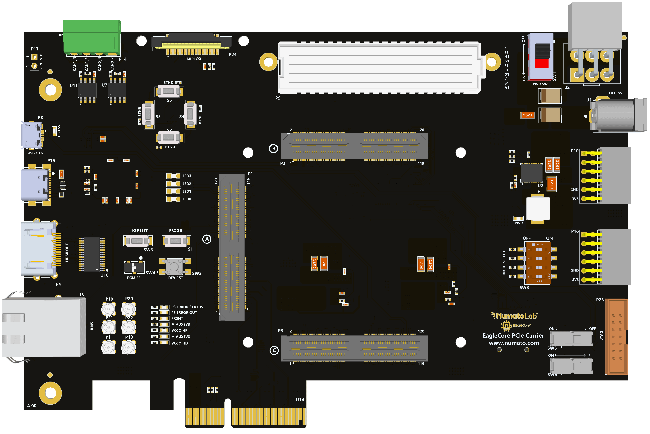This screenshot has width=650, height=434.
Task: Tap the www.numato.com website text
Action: click(514, 343)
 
